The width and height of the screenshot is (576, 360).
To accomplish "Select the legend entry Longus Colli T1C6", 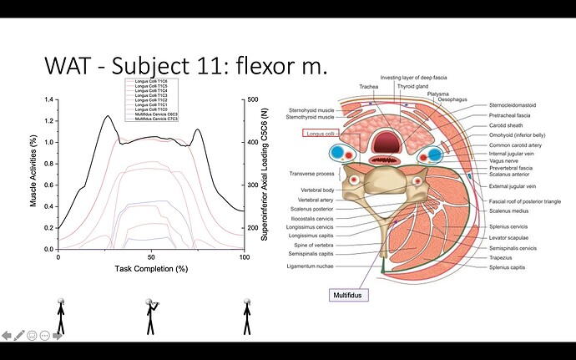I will (x=147, y=80).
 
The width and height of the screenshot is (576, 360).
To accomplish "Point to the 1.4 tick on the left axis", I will (x=48, y=99).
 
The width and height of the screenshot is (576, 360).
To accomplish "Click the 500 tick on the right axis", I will (x=253, y=99).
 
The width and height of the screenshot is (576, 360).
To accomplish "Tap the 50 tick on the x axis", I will (x=151, y=256).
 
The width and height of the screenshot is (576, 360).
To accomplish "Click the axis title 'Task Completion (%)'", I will (x=151, y=269).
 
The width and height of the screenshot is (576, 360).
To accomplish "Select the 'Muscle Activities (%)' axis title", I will (x=33, y=173).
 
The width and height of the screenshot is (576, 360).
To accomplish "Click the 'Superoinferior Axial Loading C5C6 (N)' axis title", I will (x=265, y=174).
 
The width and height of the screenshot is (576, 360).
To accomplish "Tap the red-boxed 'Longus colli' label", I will (x=320, y=133).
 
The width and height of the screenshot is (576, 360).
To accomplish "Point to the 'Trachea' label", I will (x=369, y=86).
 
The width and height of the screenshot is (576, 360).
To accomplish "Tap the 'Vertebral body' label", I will (x=318, y=190).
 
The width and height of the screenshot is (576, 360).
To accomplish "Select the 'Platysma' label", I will (x=439, y=94).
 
